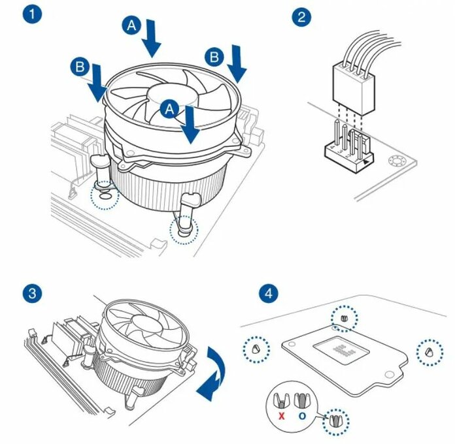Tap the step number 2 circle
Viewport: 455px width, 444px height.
[301, 16]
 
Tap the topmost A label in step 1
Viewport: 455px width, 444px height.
[131, 25]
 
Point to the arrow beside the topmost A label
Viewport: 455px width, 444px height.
[152, 37]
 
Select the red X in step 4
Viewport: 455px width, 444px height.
[282, 415]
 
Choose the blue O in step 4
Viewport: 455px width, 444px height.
[303, 415]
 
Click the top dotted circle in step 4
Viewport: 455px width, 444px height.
[345, 318]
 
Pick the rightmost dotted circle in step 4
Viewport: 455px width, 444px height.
[429, 351]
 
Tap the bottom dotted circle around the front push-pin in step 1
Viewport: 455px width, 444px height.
[182, 230]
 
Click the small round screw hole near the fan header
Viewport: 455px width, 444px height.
[395, 161]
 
